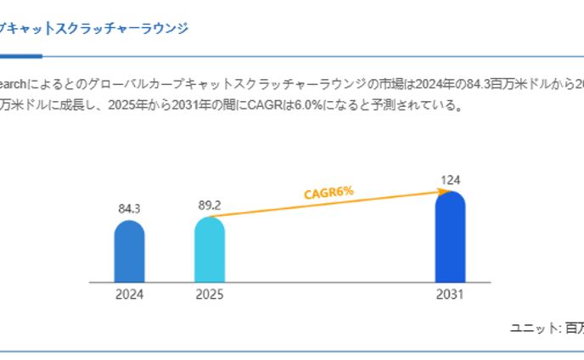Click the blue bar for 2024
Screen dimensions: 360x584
pyautogui.click(x=129, y=252)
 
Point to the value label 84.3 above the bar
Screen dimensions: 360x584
pyautogui.click(x=129, y=208)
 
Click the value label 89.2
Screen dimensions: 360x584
pyautogui.click(x=209, y=205)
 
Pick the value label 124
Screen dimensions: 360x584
pyautogui.click(x=450, y=179)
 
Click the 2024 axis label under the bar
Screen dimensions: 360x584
pyautogui.click(x=129, y=295)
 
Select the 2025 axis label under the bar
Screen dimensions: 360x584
pyautogui.click(x=209, y=295)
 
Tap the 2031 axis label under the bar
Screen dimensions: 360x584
pyautogui.click(x=450, y=295)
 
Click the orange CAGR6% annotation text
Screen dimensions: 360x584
pyautogui.click(x=328, y=193)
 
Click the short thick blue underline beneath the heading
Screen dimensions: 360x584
pyautogui.click(x=20, y=56)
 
